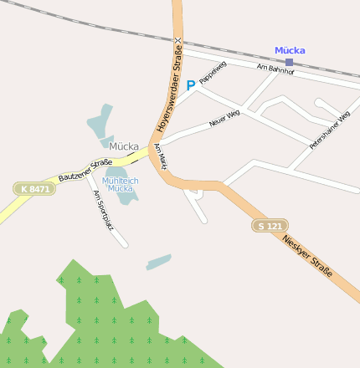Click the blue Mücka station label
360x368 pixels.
(290, 50)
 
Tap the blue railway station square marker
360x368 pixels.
(289, 62)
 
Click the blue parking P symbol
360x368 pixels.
(190, 84)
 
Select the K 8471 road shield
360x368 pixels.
(34, 189)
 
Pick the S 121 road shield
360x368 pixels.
(270, 226)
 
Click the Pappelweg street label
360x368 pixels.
(213, 73)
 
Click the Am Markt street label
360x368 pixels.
(160, 156)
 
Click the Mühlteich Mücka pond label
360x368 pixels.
(118, 184)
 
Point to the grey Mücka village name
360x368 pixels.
(123, 146)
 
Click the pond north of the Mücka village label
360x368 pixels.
(100, 125)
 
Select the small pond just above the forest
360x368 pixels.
(158, 263)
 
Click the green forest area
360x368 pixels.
(100, 326)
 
